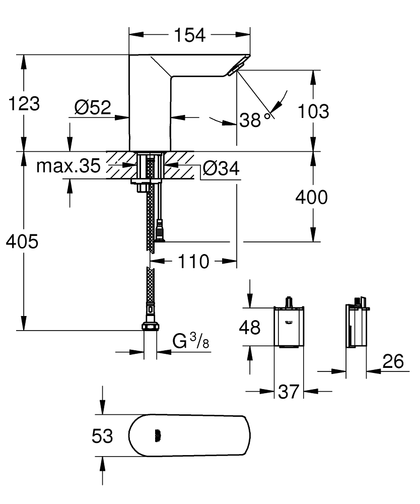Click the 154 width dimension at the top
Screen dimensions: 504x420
click(x=189, y=35)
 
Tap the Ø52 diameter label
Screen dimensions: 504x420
click(x=93, y=107)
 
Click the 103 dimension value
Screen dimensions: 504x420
click(x=312, y=111)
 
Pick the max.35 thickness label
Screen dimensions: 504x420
click(x=68, y=166)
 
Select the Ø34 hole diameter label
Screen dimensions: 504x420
click(x=221, y=169)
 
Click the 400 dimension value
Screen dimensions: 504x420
click(x=310, y=198)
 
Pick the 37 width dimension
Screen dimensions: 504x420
click(x=289, y=391)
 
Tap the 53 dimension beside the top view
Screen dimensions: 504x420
click(x=102, y=436)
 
